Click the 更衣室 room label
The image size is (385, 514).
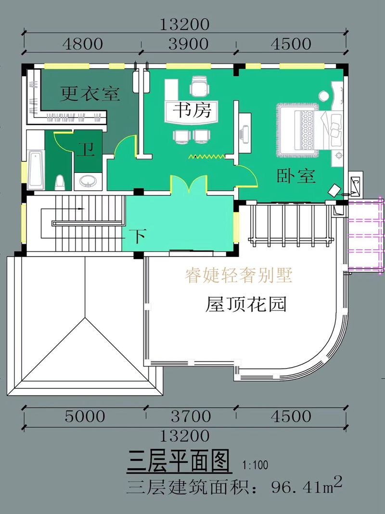tap(90, 93)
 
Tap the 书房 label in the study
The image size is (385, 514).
tap(192, 112)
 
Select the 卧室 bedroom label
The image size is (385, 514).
tap(296, 176)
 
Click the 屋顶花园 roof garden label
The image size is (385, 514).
tap(246, 304)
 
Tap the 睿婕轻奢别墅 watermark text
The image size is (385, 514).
tap(239, 276)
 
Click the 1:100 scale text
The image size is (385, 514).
tap(256, 466)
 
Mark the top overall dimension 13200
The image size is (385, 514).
tap(185, 24)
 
